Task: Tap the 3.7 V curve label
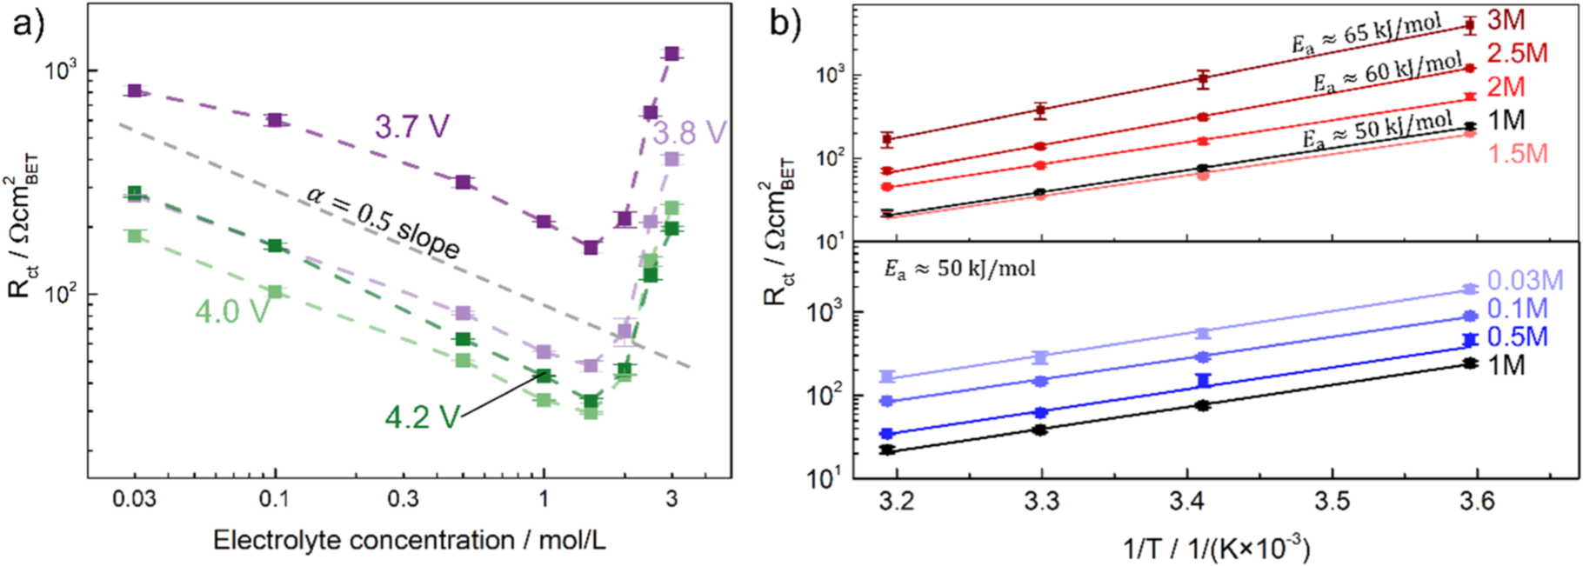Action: pyautogui.click(x=412, y=127)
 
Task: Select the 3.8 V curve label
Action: pyautogui.click(x=689, y=133)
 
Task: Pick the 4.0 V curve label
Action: pyautogui.click(x=231, y=311)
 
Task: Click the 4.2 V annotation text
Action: pyautogui.click(x=422, y=417)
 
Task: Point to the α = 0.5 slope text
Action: pyautogui.click(x=384, y=222)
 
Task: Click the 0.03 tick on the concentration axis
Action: pyautogui.click(x=134, y=499)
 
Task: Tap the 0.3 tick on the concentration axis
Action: pyautogui.click(x=402, y=499)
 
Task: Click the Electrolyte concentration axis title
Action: pyautogui.click(x=409, y=540)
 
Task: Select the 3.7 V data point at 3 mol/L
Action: pyautogui.click(x=671, y=54)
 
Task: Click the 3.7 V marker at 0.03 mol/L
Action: pyautogui.click(x=134, y=90)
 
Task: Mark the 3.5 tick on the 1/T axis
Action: pyautogui.click(x=1332, y=502)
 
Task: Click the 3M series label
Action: pyautogui.click(x=1506, y=20)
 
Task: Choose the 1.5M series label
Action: pyautogui.click(x=1517, y=154)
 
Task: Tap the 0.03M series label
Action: pyautogui.click(x=1525, y=280)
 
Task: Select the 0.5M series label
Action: pyautogui.click(x=1517, y=336)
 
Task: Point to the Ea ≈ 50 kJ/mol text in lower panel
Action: pyautogui.click(x=959, y=269)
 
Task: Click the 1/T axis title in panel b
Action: pyautogui.click(x=1215, y=548)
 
